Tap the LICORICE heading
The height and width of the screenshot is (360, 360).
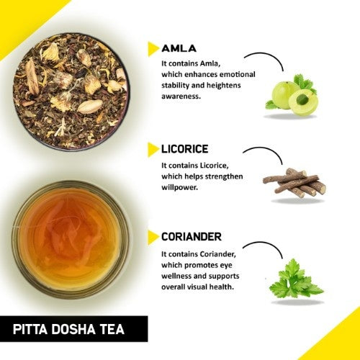185,149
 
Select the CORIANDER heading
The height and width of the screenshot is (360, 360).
192,236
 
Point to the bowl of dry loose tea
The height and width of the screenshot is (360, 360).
71,84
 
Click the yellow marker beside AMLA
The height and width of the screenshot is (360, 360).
153,48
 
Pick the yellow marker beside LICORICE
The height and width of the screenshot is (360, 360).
153,149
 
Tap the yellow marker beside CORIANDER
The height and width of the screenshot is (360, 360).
153,236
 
